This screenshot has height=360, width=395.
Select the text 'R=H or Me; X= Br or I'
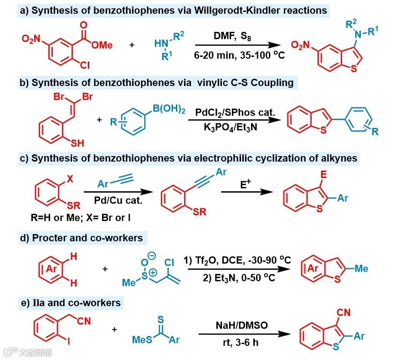tap(77, 218)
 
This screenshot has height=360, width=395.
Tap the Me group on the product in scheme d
tap(361, 269)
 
